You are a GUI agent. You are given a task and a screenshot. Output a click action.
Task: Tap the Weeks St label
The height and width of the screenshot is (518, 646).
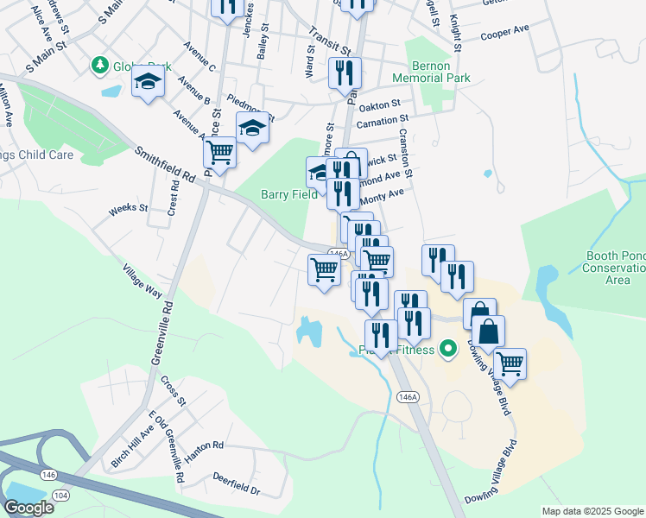128,209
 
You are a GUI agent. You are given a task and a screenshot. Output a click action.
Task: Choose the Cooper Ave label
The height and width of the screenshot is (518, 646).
504,29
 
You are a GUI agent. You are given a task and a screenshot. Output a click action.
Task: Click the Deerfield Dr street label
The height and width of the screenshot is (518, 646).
236,489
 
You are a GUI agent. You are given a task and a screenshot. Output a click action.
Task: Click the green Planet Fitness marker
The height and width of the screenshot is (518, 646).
447,350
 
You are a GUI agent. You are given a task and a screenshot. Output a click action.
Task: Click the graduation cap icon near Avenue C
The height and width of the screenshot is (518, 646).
148,83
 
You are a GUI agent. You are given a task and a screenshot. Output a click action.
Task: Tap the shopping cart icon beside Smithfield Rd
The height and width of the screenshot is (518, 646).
220,153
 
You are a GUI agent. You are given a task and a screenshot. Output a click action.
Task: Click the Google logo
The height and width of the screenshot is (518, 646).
28,507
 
